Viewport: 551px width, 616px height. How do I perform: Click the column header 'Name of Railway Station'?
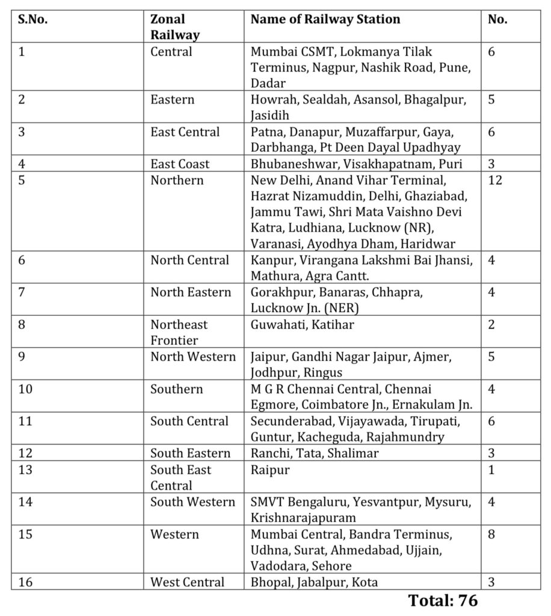[x=325, y=19]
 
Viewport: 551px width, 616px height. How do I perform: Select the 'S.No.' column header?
[x=33, y=19]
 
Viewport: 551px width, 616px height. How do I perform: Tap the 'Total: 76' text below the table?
[x=443, y=600]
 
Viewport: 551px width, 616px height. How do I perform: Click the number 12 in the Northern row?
[x=494, y=180]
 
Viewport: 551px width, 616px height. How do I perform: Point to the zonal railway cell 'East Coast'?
[x=180, y=164]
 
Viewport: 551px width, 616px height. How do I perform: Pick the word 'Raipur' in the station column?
[x=269, y=469]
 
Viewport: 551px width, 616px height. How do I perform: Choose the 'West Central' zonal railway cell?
[x=187, y=582]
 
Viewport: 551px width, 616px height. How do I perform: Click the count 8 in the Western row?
[x=491, y=534]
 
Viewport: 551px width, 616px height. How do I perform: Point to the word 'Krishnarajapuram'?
[x=304, y=517]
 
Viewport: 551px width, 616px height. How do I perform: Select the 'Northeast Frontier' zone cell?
[x=179, y=333]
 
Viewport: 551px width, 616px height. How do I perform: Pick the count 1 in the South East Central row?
[x=491, y=469]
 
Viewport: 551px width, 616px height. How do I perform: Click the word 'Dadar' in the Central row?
[x=268, y=83]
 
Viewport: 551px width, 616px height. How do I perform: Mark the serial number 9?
[x=22, y=357]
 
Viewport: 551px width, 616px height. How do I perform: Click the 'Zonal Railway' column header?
[x=174, y=27]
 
